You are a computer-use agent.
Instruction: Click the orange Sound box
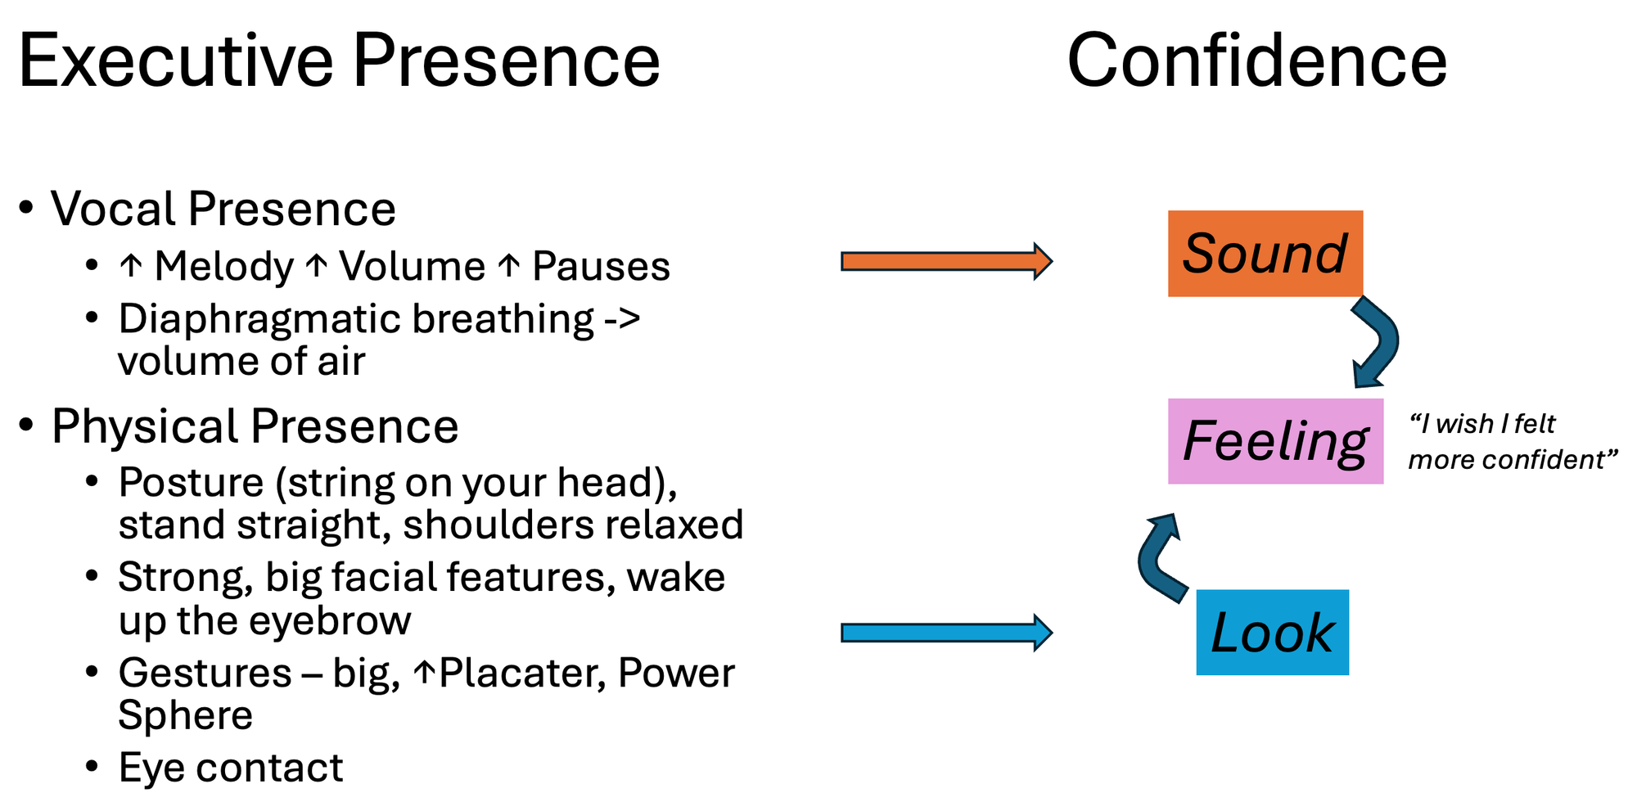pyautogui.click(x=1265, y=253)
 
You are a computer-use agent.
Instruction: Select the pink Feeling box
pyautogui.click(x=1274, y=441)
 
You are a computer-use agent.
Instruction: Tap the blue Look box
pyautogui.click(x=1272, y=633)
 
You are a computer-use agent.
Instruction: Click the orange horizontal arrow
pyautogui.click(x=945, y=262)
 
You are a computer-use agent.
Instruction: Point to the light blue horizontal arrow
pyautogui.click(x=945, y=633)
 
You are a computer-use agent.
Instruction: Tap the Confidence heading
pyautogui.click(x=1256, y=61)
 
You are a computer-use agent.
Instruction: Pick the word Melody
pyautogui.click(x=223, y=267)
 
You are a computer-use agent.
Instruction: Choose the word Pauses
pyautogui.click(x=601, y=267)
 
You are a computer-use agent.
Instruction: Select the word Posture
pyautogui.click(x=191, y=482)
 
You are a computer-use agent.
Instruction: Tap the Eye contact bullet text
pyautogui.click(x=230, y=768)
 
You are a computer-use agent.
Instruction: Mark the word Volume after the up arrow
pyautogui.click(x=413, y=267)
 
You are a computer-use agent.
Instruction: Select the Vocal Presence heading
pyautogui.click(x=223, y=209)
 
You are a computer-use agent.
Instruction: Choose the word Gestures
pyautogui.click(x=205, y=673)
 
